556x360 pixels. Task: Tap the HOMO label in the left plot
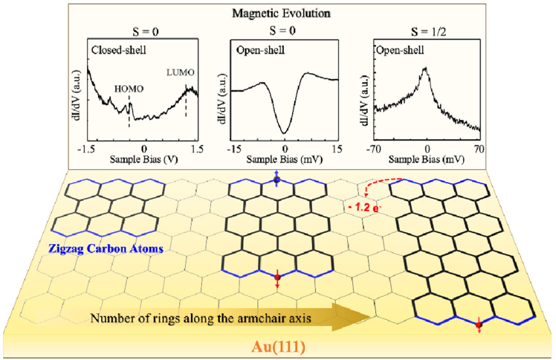pos(130,90)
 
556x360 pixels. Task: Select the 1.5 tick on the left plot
pos(196,148)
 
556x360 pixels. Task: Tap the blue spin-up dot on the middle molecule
pos(277,181)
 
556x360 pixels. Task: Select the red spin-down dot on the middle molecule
pos(277,277)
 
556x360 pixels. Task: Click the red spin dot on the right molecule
pos(478,326)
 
